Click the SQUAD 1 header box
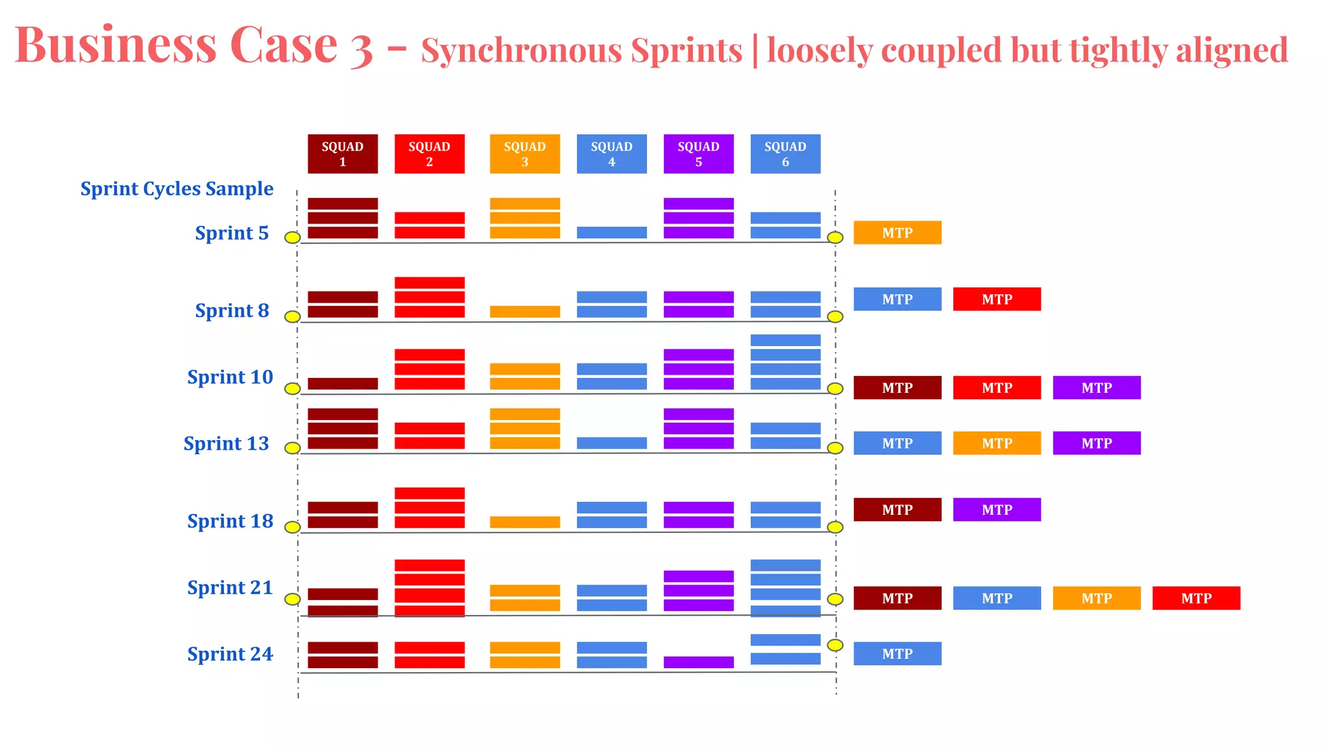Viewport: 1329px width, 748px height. (x=343, y=154)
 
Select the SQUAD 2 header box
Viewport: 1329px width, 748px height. (x=430, y=154)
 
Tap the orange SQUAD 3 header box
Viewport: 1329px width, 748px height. (x=524, y=154)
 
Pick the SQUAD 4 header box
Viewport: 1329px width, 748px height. (x=611, y=154)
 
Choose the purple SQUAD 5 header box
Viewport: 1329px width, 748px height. (x=698, y=154)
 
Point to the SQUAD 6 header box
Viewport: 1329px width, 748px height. (x=785, y=154)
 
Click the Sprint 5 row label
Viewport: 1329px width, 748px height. (x=232, y=233)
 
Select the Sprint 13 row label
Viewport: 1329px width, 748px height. (x=226, y=443)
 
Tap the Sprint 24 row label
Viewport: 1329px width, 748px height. (x=230, y=654)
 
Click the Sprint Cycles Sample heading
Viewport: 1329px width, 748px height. (x=177, y=189)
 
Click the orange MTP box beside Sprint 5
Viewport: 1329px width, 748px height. (x=897, y=232)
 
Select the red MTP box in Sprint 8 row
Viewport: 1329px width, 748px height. (x=997, y=299)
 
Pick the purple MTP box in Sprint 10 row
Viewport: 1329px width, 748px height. (x=1096, y=388)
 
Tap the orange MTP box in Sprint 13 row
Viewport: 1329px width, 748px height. (x=997, y=443)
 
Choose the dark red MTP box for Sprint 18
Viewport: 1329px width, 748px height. (x=897, y=510)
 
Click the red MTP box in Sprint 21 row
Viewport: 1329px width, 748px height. (x=1196, y=598)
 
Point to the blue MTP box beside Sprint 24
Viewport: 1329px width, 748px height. (x=897, y=654)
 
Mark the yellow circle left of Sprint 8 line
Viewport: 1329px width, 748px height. (x=293, y=317)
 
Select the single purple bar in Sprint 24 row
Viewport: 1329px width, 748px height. (x=698, y=662)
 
